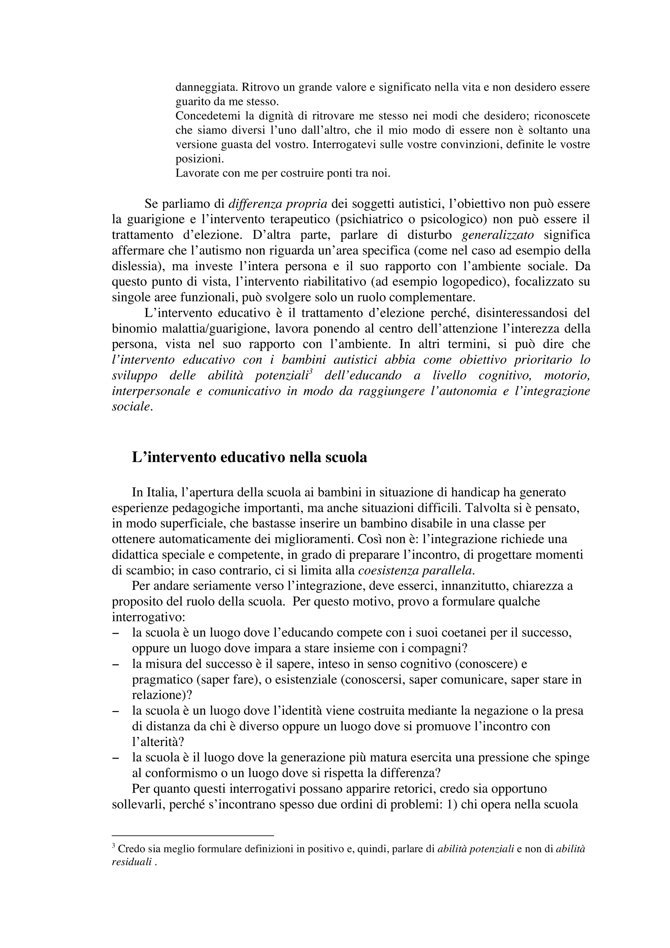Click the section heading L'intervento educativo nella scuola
(249, 457)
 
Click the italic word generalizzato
(498, 235)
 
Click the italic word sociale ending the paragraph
(131, 407)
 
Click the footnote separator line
(193, 835)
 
